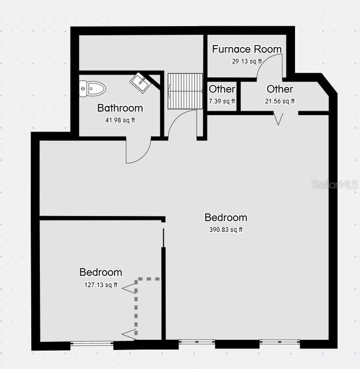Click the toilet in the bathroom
(92, 89)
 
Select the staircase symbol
(185, 91)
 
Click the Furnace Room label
(247, 49)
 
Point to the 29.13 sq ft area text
(247, 61)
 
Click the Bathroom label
(120, 108)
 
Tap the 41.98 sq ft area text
(120, 120)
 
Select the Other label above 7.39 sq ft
(222, 89)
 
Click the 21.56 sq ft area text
(280, 101)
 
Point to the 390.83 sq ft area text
(226, 230)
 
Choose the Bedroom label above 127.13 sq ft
(101, 272)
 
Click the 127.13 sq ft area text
(101, 285)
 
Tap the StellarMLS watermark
(335, 184)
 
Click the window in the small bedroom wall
(92, 344)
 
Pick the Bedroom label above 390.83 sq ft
(226, 217)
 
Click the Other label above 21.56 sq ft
(280, 89)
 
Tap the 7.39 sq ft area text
(222, 101)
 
